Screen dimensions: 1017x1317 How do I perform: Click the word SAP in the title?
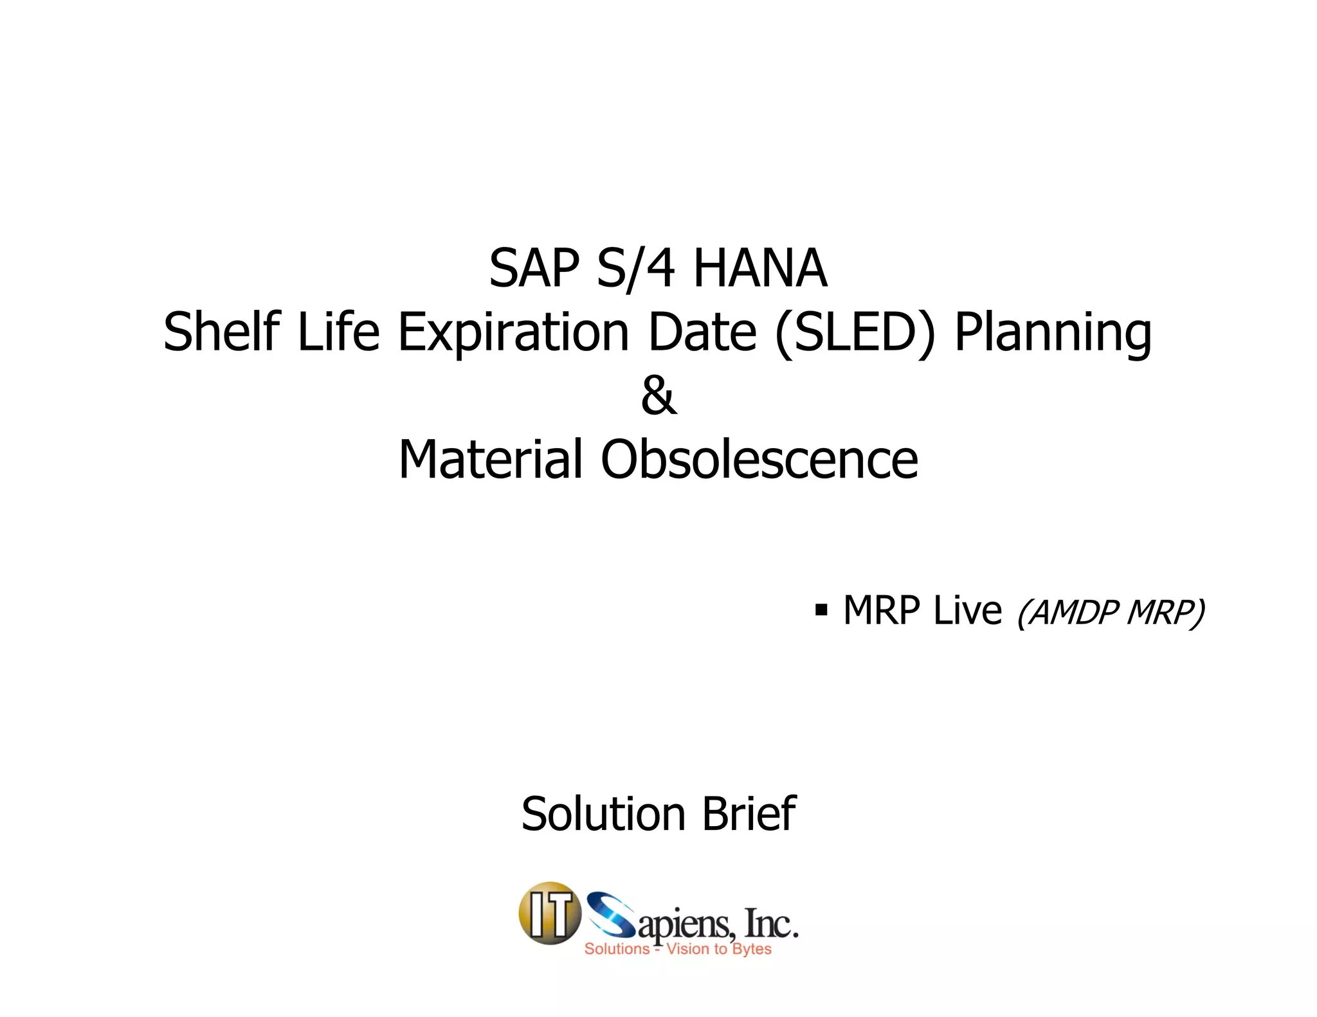pos(534,269)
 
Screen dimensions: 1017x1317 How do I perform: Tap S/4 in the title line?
pos(635,269)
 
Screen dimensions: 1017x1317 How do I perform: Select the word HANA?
pos(760,269)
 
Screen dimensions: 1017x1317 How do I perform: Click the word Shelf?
pos(222,332)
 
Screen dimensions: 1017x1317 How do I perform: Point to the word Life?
pos(338,332)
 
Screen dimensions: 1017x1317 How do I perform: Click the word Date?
pos(702,332)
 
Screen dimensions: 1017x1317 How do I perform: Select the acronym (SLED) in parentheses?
pos(855,333)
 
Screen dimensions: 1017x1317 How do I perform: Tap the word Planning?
pos(1053,333)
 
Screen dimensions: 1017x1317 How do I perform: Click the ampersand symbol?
pos(658,396)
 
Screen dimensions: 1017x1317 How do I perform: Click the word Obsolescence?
pos(759,459)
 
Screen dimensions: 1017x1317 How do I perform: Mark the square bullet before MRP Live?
pos(821,609)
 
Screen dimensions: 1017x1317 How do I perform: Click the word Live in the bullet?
pos(967,609)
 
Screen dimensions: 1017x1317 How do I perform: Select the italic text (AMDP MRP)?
pos(1110,611)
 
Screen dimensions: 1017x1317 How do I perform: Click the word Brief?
pos(749,814)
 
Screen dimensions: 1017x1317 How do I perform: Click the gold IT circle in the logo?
pos(550,913)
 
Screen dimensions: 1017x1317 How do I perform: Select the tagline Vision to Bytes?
pos(718,949)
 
